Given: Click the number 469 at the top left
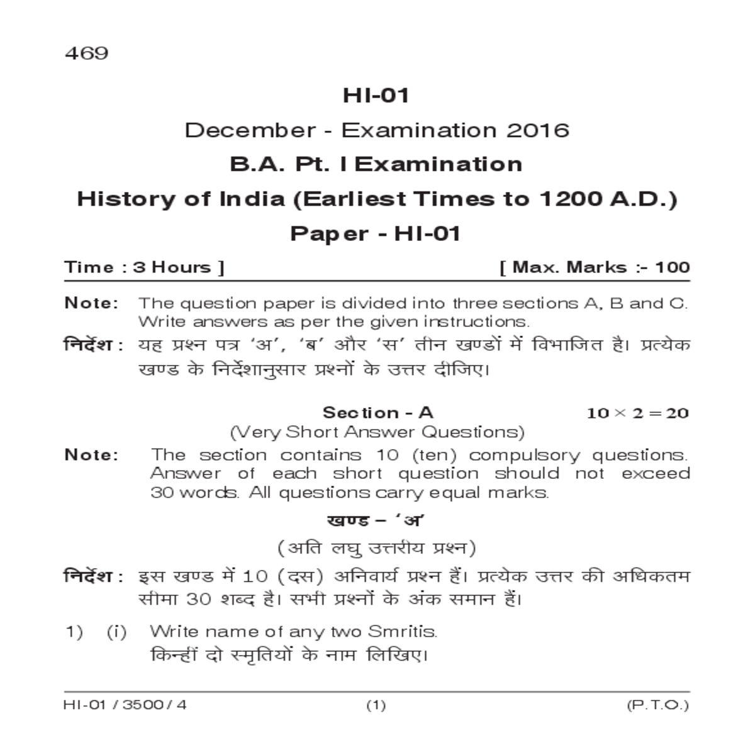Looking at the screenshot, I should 86,53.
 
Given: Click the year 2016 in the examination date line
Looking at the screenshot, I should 538,130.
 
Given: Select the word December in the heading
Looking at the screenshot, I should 250,130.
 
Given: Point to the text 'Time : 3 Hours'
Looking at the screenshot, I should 144,267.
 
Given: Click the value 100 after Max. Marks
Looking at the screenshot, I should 673,267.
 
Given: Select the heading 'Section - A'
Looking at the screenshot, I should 377,413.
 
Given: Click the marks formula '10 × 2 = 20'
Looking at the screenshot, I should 637,413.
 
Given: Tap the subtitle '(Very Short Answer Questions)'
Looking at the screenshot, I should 377,432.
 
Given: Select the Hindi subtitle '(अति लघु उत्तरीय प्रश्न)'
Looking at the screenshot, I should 377,548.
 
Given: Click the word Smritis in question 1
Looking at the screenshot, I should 403,631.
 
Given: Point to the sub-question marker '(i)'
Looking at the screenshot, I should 116,631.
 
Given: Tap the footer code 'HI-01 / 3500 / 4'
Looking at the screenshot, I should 125,705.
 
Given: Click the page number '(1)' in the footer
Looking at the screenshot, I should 376,705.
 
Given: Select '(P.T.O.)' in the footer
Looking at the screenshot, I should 657,705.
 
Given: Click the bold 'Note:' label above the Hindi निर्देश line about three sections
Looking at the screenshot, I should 91,303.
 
